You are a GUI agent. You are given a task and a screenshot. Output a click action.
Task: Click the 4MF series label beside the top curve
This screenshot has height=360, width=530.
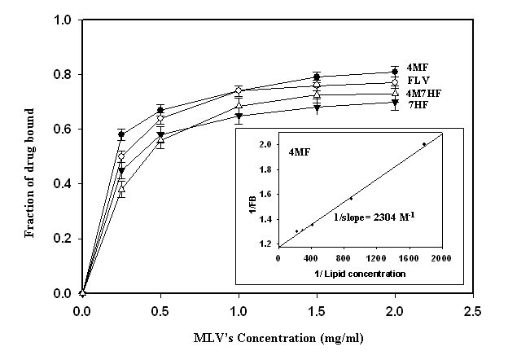(417, 67)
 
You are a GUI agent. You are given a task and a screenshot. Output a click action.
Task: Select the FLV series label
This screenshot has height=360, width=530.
(417, 81)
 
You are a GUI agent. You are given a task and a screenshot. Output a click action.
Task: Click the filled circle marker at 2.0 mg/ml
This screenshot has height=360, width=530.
(395, 72)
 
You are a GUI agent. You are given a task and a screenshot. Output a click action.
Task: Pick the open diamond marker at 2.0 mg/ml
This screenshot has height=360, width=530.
(395, 82)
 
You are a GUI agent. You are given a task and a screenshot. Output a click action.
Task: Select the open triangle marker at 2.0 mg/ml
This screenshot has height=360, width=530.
(395, 94)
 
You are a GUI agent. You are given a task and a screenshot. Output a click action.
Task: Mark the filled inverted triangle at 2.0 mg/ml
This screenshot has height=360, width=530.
(395, 103)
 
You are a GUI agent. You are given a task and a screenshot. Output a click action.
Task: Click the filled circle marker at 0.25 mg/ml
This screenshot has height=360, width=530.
(121, 134)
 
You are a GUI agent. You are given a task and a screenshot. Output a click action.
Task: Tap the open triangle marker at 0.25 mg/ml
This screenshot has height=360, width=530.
(121, 189)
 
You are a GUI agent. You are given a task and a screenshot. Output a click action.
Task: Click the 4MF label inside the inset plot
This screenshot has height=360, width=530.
(299, 151)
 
